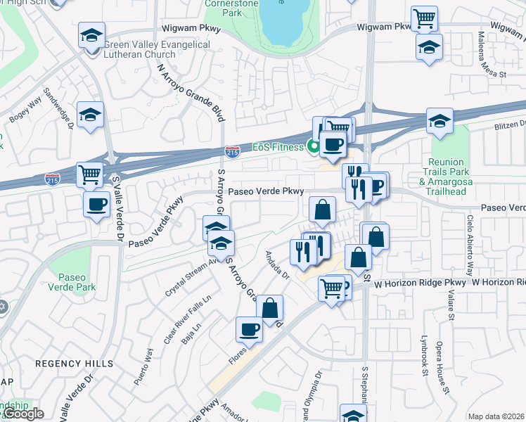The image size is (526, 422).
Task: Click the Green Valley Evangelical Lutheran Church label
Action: coord(156,49)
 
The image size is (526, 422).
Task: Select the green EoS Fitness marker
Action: coord(314,146)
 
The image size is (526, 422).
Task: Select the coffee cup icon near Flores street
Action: coord(249,328)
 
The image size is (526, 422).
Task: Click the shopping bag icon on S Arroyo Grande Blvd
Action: coord(269,307)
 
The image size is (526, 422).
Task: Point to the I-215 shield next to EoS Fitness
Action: coord(232,151)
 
